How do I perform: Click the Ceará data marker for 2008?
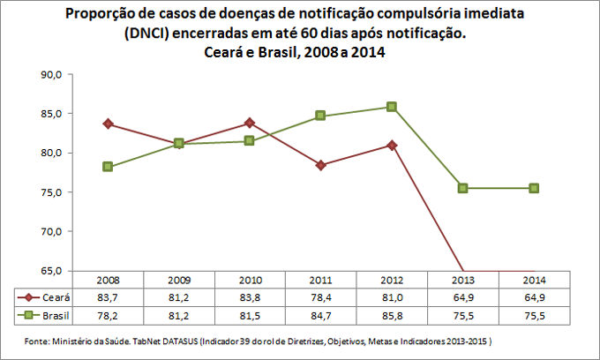108,124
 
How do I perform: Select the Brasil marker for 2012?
392,107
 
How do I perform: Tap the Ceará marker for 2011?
320,165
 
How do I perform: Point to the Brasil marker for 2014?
534,188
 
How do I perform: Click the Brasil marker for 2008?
108,167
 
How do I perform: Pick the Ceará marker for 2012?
392,145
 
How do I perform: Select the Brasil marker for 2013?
463,188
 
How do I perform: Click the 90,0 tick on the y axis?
49,75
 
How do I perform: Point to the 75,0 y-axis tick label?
49,192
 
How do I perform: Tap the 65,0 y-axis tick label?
49,270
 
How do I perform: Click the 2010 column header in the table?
250,280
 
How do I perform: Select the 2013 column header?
463,280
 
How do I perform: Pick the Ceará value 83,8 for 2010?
250,297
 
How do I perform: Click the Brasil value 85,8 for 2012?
392,315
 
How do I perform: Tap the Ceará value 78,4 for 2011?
320,297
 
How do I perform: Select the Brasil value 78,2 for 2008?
108,315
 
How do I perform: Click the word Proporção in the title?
102,15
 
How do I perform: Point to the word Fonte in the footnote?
35,340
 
